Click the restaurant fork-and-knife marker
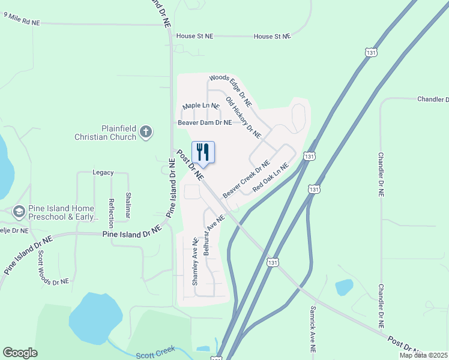[x=203, y=152]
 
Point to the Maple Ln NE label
[x=200, y=106]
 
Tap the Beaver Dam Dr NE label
[x=204, y=122]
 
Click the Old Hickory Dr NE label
[x=243, y=116]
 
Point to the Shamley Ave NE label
[x=195, y=262]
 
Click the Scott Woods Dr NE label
[x=49, y=268]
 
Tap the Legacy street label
[x=103, y=172]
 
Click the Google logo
[x=20, y=353]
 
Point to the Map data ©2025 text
[x=423, y=355]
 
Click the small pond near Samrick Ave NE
[x=345, y=287]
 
